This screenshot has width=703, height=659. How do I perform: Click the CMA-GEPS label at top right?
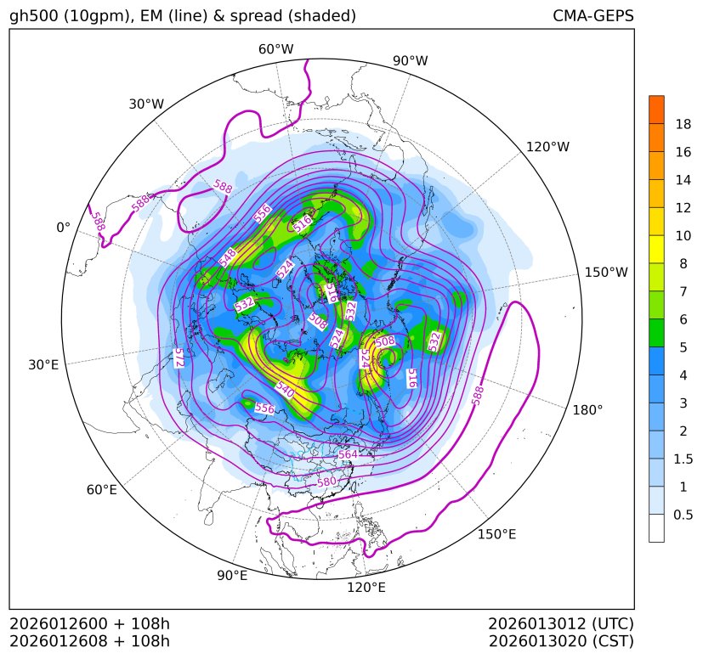592,16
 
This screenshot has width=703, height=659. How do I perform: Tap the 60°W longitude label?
275,49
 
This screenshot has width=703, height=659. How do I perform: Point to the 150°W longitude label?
606,273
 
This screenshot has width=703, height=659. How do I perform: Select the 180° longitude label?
587,409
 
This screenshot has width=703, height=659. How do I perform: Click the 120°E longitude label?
366,588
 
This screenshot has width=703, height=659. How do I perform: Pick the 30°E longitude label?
43,365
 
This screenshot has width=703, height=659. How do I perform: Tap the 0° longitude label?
63,228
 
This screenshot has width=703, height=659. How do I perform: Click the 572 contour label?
179,358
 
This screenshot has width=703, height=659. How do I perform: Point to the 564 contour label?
348,455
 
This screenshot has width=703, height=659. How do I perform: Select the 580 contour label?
327,482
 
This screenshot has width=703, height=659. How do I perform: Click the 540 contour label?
285,392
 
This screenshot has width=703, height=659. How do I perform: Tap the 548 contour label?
227,258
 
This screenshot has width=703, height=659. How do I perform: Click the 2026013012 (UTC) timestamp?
561,623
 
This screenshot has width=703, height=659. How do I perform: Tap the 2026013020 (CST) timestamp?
561,641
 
